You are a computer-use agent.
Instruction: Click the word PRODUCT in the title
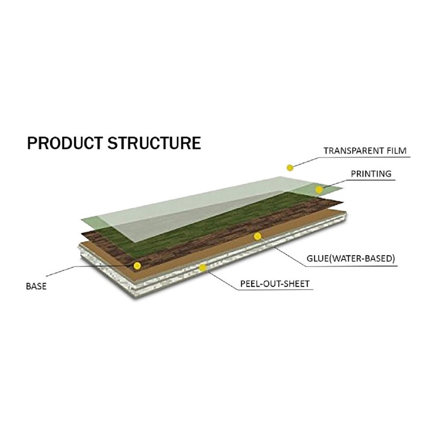pyautogui.click(x=65, y=143)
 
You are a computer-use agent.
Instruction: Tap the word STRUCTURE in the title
pyautogui.click(x=155, y=143)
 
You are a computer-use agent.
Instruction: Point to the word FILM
pyautogui.click(x=397, y=151)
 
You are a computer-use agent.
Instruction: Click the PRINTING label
pyautogui.click(x=371, y=174)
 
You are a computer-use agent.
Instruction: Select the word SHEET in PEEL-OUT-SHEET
pyautogui.click(x=297, y=284)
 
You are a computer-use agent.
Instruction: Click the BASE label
pyautogui.click(x=36, y=286)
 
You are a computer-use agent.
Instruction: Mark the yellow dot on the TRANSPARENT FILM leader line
pyautogui.click(x=290, y=168)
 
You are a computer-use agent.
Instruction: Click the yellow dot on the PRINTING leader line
pyautogui.click(x=319, y=189)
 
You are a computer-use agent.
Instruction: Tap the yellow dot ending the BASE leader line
pyautogui.click(x=137, y=265)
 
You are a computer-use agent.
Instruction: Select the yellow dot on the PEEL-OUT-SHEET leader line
pyautogui.click(x=203, y=268)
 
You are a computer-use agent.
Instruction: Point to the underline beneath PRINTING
pyautogui.click(x=371, y=180)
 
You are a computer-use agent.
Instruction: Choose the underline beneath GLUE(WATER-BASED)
pyautogui.click(x=351, y=265)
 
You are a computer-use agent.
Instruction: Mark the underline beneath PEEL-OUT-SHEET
pyautogui.click(x=276, y=289)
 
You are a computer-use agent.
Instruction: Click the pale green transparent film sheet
pyautogui.click(x=191, y=208)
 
